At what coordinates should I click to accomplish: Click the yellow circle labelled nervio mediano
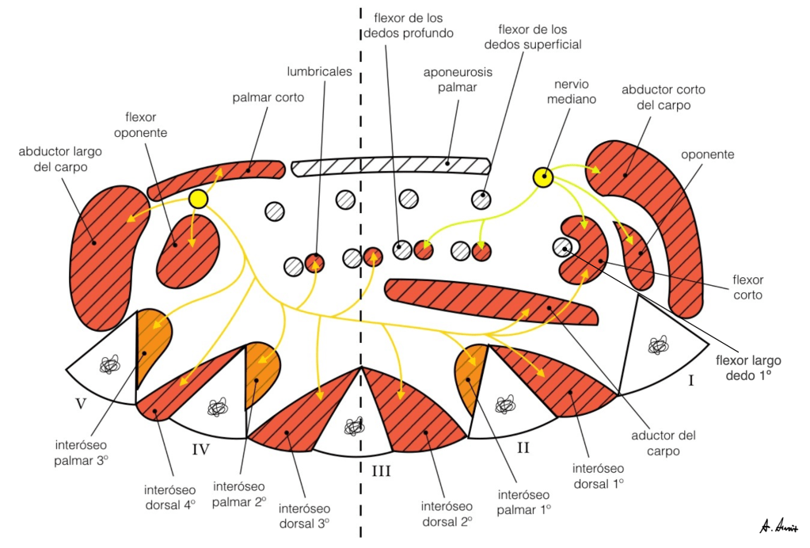coord(542,178)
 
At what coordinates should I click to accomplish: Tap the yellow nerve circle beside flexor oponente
coord(197,199)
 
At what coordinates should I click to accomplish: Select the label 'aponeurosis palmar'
coord(458,80)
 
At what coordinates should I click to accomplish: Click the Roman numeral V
coord(80,403)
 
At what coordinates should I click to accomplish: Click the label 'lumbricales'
coord(320,71)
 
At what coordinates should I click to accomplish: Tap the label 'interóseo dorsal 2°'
coord(447,513)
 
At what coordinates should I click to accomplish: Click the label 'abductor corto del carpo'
coord(663,97)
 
